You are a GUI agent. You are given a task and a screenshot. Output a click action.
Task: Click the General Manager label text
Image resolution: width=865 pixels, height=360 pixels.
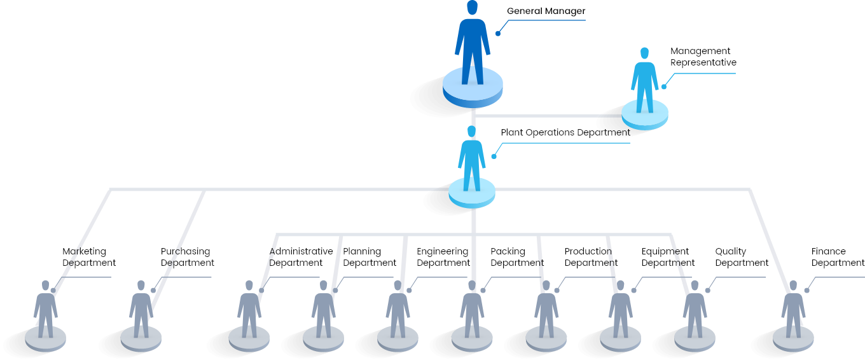tap(546, 11)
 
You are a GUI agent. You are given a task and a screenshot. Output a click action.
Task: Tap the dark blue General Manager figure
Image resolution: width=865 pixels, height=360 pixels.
tap(473, 43)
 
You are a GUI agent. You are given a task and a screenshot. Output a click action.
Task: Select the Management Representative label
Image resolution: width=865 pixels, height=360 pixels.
tap(703, 57)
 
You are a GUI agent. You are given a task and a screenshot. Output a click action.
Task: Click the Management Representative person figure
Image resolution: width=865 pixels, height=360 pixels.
tap(644, 80)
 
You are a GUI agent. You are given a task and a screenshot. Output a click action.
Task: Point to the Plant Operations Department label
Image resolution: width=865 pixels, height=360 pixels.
tap(565, 132)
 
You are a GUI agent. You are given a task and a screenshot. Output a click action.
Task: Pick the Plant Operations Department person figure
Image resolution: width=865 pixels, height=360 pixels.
tap(471, 158)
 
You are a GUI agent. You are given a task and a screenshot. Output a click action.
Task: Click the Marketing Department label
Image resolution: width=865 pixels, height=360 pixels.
tap(89, 257)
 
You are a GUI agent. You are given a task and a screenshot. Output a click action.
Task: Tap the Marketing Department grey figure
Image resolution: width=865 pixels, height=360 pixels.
tap(46, 309)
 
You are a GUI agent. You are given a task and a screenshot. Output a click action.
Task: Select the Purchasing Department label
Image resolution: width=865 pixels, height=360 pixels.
tap(187, 257)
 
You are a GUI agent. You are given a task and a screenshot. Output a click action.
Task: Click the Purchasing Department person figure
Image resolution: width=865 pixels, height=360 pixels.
tap(141, 309)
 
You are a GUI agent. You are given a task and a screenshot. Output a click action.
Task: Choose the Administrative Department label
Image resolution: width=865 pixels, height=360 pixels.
tap(301, 257)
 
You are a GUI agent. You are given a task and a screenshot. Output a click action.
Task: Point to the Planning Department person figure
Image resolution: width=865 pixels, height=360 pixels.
tap(323, 309)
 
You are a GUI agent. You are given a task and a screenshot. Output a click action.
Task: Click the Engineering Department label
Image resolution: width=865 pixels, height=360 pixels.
tap(443, 257)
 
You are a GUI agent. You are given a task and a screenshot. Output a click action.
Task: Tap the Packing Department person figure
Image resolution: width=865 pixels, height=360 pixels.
tap(472, 309)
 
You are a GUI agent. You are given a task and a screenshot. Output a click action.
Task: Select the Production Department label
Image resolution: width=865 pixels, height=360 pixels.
tap(591, 257)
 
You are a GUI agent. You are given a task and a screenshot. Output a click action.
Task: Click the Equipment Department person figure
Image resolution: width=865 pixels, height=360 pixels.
tap(621, 309)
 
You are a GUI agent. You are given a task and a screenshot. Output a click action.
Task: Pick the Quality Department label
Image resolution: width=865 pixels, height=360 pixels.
tap(742, 257)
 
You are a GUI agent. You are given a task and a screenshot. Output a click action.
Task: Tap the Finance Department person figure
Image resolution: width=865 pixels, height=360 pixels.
tap(793, 309)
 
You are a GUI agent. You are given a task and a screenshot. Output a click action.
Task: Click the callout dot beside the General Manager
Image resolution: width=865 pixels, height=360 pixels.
tap(498, 34)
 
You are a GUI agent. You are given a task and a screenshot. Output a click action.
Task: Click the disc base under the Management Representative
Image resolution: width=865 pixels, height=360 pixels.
tap(644, 116)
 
